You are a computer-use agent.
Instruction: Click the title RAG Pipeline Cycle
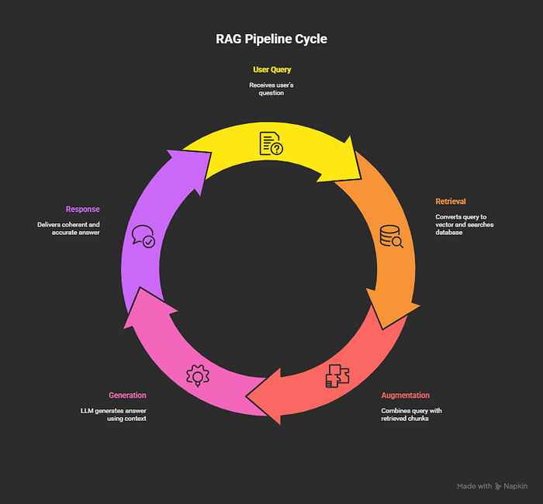pyautogui.click(x=271, y=39)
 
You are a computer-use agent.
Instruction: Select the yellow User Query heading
pyautogui.click(x=271, y=70)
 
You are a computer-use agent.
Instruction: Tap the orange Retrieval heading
pyautogui.click(x=451, y=202)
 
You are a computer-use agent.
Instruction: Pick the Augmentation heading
pyautogui.click(x=405, y=395)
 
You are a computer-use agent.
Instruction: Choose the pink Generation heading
pyautogui.click(x=127, y=395)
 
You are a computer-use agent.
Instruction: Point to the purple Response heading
pyautogui.click(x=83, y=209)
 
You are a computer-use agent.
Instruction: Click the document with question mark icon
pyautogui.click(x=271, y=143)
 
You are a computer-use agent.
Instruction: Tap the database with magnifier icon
pyautogui.click(x=391, y=236)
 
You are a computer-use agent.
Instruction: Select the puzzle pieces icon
pyautogui.click(x=337, y=376)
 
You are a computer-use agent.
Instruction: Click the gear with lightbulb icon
pyautogui.click(x=198, y=375)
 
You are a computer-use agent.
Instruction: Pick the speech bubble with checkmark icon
pyautogui.click(x=144, y=236)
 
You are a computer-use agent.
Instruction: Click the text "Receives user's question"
pyautogui.click(x=271, y=89)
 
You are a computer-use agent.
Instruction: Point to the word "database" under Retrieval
pyautogui.click(x=449, y=233)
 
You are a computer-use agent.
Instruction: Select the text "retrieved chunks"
pyautogui.click(x=405, y=419)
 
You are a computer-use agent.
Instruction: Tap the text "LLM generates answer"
pyautogui.click(x=113, y=411)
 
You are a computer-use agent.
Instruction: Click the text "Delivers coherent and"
pyautogui.click(x=68, y=225)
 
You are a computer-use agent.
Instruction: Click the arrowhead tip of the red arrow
pyautogui.click(x=246, y=396)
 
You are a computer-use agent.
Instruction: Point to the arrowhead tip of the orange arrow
pyautogui.click(x=382, y=330)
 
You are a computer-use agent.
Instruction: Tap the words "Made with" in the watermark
pyautogui.click(x=475, y=486)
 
